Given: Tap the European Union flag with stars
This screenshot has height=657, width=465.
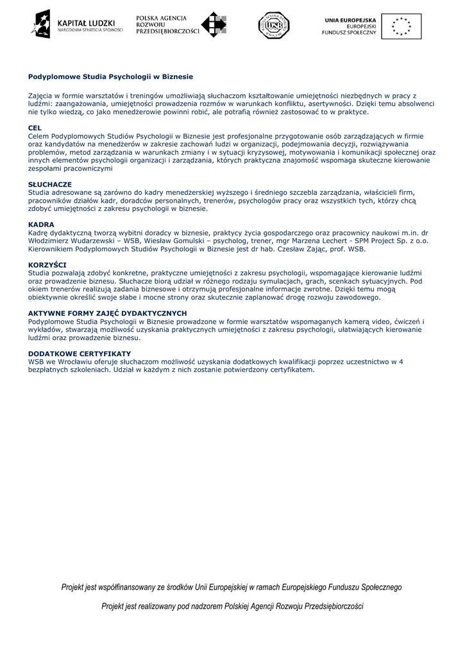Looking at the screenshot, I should [402, 26].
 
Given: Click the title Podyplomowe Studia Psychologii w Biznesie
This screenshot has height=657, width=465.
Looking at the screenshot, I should [110, 76].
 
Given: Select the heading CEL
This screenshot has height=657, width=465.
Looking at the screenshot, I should [35, 128].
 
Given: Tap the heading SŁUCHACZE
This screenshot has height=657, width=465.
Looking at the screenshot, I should [50, 184].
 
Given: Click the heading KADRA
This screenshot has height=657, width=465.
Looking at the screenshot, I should [41, 225].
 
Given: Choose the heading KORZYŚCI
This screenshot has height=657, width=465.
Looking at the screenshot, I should [47, 264].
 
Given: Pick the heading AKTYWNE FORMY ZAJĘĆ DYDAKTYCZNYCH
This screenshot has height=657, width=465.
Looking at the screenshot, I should [107, 313].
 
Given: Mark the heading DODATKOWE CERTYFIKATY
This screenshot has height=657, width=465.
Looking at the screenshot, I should [80, 354].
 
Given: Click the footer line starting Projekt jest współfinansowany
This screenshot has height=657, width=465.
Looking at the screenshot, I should [232, 587].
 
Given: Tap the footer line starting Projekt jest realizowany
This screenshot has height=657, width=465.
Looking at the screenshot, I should [232, 606].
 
